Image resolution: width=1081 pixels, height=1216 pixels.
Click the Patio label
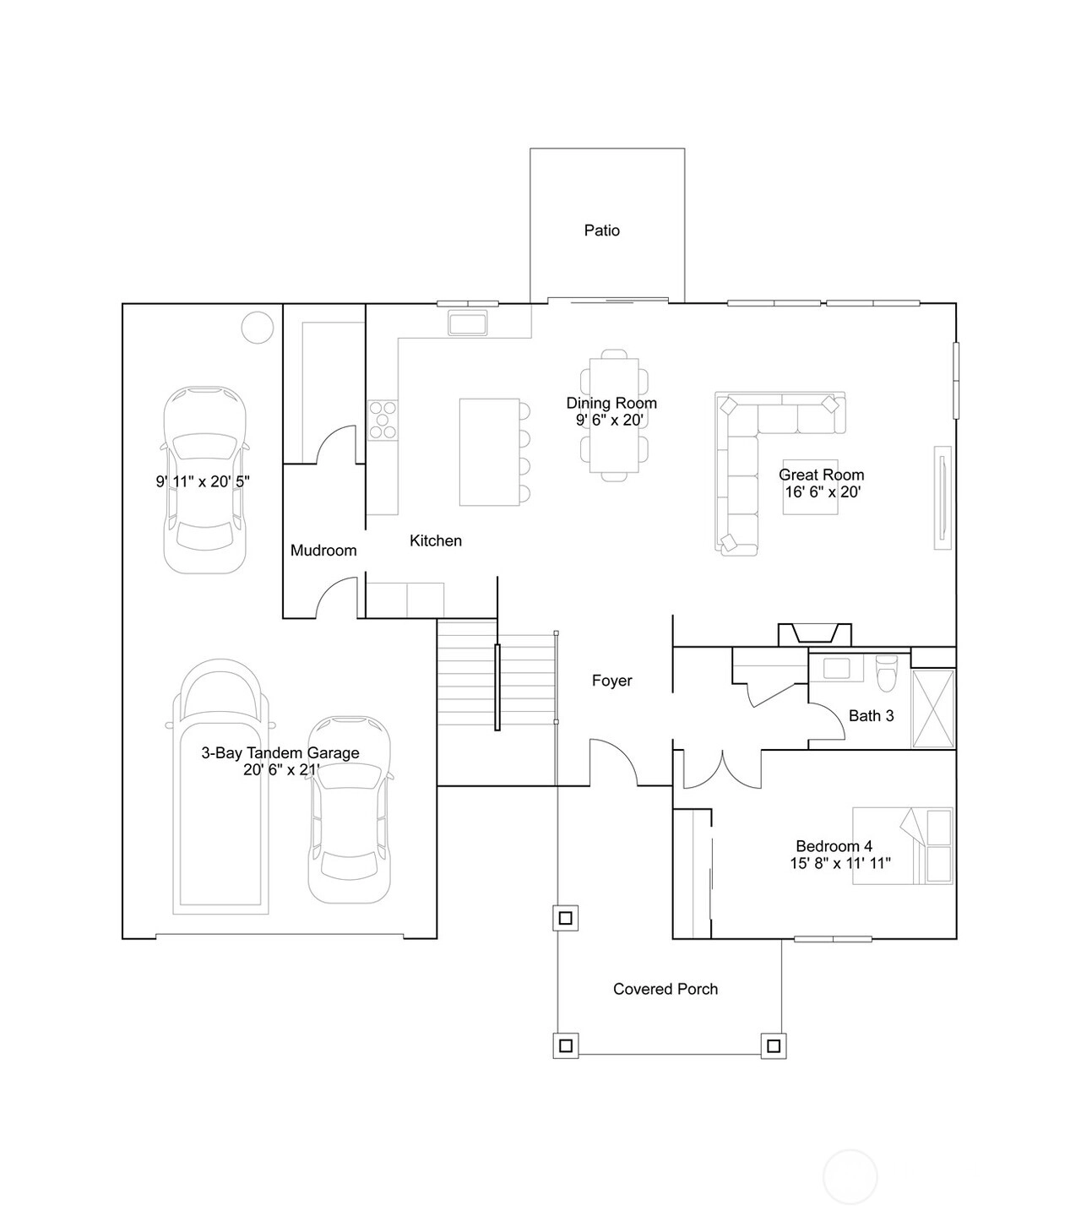(x=601, y=231)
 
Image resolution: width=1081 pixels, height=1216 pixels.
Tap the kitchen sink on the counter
(x=467, y=323)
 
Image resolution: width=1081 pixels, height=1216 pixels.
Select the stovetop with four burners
(x=383, y=421)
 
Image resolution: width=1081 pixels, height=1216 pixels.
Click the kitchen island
(x=489, y=452)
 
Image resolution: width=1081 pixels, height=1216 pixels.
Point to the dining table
(x=614, y=415)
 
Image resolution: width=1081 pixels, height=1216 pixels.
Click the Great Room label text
(x=821, y=475)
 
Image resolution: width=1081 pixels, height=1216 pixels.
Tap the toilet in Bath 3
(x=886, y=673)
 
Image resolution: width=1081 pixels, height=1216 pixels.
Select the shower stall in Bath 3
(x=932, y=709)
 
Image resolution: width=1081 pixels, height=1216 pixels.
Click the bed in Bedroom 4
(x=902, y=845)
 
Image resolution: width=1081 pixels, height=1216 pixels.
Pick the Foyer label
(x=611, y=681)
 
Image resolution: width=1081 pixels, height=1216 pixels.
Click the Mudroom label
(x=323, y=551)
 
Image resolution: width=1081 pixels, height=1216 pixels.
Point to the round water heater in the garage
(x=258, y=328)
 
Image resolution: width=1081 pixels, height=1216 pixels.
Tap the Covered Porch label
(x=665, y=989)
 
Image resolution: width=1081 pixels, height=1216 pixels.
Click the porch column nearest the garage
(x=565, y=918)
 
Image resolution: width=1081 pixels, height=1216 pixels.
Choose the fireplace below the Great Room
(x=814, y=634)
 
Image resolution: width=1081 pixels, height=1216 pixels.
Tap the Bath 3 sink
(x=835, y=668)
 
